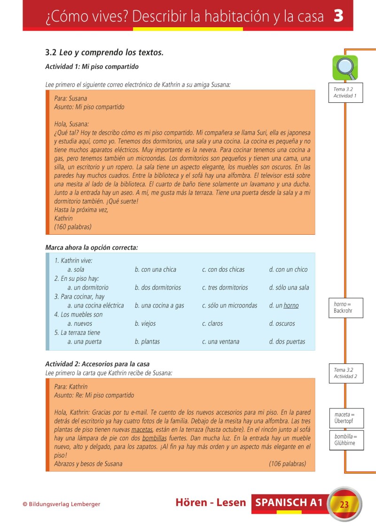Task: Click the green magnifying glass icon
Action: point(345,68)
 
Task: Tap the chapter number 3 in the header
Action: point(338,16)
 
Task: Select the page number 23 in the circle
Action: point(344,505)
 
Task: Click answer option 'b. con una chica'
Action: point(155,269)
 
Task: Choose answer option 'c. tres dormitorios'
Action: point(225,287)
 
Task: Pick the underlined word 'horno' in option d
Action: point(291,306)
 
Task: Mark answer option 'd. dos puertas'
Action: point(287,342)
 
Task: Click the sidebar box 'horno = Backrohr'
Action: point(345,308)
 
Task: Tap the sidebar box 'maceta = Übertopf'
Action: point(345,418)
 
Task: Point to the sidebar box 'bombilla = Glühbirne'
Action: point(345,440)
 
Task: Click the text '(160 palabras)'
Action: point(73,227)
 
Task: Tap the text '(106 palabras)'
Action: point(287,464)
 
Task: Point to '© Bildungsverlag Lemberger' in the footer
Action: point(62,505)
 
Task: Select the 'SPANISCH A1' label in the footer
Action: point(289,503)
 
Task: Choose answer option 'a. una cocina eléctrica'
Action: point(95,306)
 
